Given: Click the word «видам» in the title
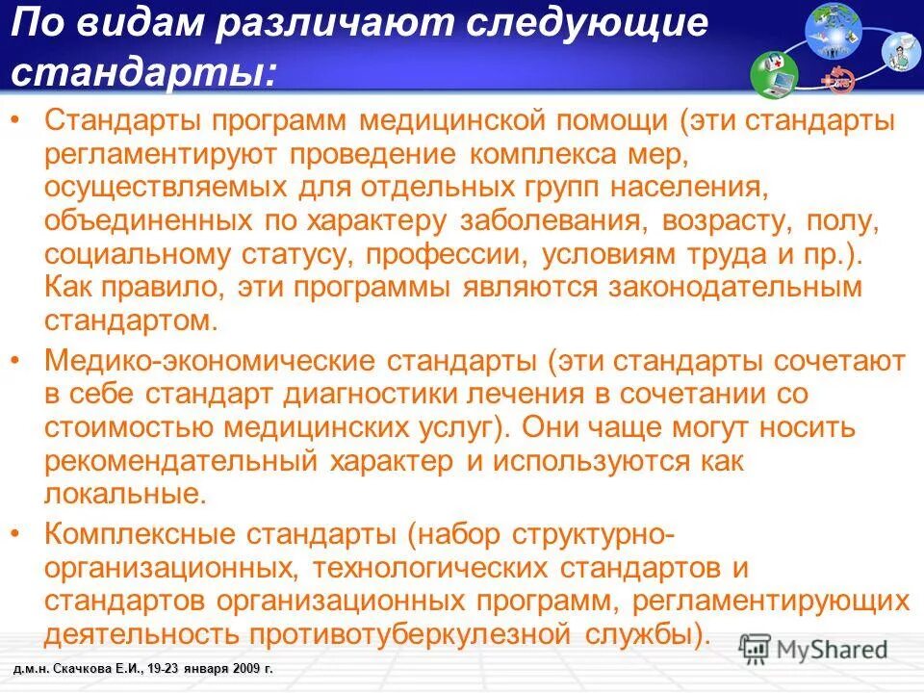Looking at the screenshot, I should point(140,23).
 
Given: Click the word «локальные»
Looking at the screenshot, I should point(124,495).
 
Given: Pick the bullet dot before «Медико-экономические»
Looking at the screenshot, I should point(21,361).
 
